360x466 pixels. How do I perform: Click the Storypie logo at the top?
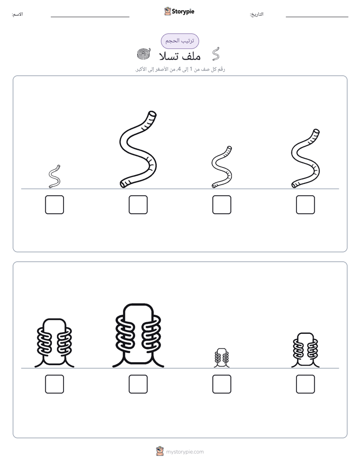click(179, 12)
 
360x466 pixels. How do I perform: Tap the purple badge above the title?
click(179, 41)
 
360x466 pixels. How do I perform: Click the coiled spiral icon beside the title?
click(144, 54)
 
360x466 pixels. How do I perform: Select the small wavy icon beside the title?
click(216, 54)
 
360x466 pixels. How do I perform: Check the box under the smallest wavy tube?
click(54, 205)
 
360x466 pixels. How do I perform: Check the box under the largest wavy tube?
click(138, 205)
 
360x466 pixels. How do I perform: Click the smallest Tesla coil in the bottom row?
click(221, 358)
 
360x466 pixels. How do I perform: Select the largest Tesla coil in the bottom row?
click(138, 335)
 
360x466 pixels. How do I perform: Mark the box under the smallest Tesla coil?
click(221, 384)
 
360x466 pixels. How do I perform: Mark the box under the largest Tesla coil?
click(138, 384)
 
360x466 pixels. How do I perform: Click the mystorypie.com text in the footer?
click(185, 452)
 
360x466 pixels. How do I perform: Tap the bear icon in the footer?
click(160, 451)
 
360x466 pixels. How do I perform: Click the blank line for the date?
click(317, 17)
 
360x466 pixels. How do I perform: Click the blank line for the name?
click(90, 17)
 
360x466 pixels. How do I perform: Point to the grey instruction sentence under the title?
click(180, 69)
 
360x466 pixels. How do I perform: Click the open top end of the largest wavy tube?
click(152, 114)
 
